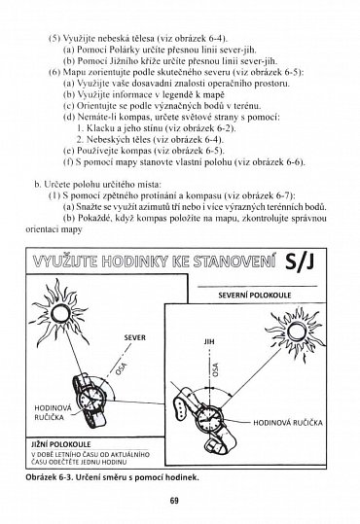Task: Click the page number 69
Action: coord(180,501)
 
